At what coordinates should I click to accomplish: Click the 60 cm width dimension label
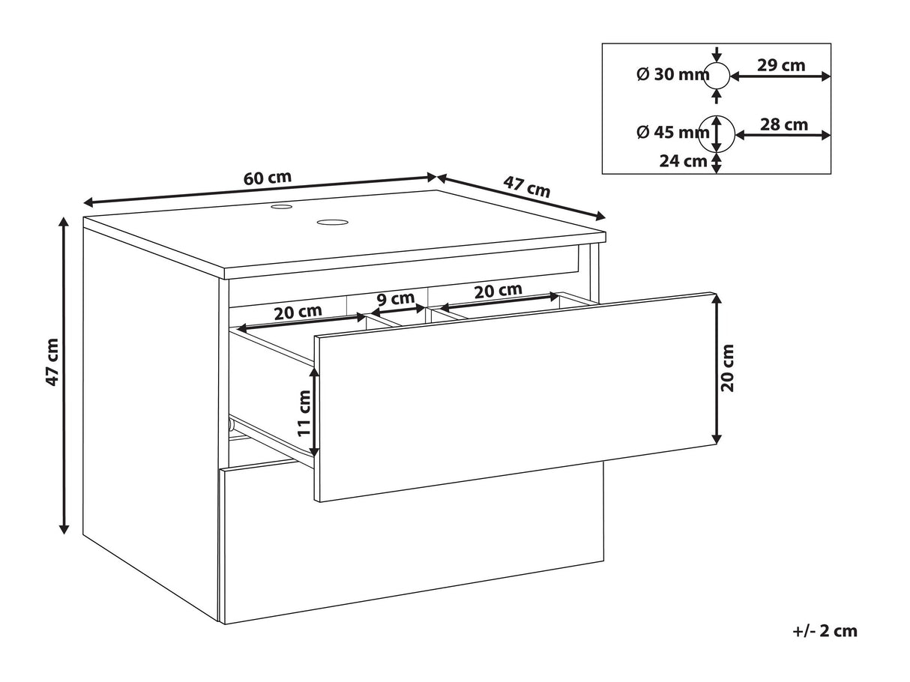tap(268, 178)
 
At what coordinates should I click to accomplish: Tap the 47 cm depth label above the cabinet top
tap(526, 187)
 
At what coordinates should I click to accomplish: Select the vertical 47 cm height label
tap(52, 362)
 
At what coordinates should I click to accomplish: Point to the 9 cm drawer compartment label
tap(396, 298)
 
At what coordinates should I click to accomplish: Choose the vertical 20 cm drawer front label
tap(728, 367)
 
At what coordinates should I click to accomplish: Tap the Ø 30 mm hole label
tap(673, 75)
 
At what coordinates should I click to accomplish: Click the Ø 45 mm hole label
tap(673, 133)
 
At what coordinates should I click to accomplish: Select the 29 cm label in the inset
tap(781, 65)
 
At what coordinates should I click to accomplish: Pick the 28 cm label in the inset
tap(784, 124)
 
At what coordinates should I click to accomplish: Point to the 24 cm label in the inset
tap(683, 161)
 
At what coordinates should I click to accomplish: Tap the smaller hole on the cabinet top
tap(282, 206)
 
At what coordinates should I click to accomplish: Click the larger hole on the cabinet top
tap(333, 223)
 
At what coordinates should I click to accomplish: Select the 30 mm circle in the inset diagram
tap(717, 76)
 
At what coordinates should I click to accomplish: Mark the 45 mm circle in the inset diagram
tap(717, 134)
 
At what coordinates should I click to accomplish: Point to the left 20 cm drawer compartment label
tap(298, 312)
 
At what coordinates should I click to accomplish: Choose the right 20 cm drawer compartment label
tap(498, 291)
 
